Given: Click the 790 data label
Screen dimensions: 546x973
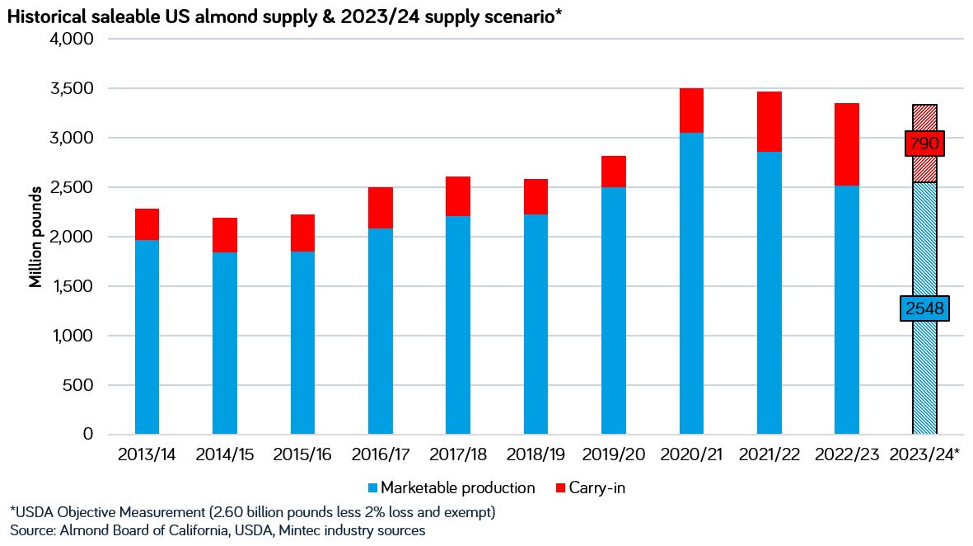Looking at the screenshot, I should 924,144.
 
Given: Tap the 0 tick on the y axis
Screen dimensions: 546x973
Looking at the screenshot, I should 87,435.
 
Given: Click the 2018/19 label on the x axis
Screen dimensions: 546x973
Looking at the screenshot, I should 536,454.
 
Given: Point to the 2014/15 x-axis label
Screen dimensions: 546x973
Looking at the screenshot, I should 225,454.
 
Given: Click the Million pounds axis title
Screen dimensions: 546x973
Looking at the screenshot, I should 35,237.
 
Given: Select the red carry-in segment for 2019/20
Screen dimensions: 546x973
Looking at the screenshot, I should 614,171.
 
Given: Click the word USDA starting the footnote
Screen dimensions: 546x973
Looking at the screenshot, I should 33,512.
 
